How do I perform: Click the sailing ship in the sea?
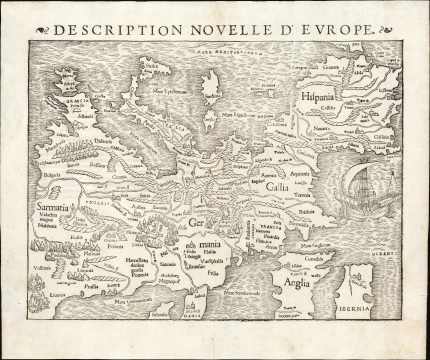tap(361, 190)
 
